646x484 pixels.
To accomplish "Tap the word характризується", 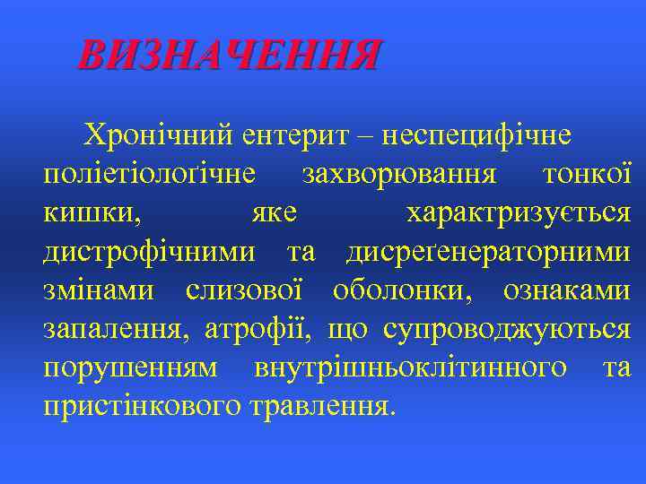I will pyautogui.click(x=518, y=213).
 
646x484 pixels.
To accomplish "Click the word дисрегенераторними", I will pyautogui.click(x=488, y=252).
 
